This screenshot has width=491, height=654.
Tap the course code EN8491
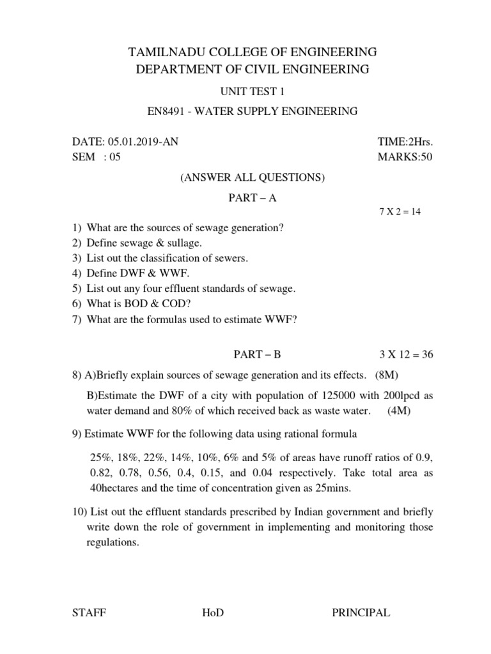[167, 112]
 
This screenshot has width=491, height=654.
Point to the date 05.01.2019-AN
[138, 142]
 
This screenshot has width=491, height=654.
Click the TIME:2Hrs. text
[405, 142]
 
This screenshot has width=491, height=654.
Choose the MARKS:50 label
[405, 158]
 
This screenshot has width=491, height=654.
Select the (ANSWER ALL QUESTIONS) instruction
[253, 178]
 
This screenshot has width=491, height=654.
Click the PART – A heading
[253, 198]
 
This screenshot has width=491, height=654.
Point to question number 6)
[77, 305]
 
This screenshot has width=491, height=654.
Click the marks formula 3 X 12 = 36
[405, 355]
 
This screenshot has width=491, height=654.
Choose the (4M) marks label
[399, 411]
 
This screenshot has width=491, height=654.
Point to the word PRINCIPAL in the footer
[361, 613]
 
